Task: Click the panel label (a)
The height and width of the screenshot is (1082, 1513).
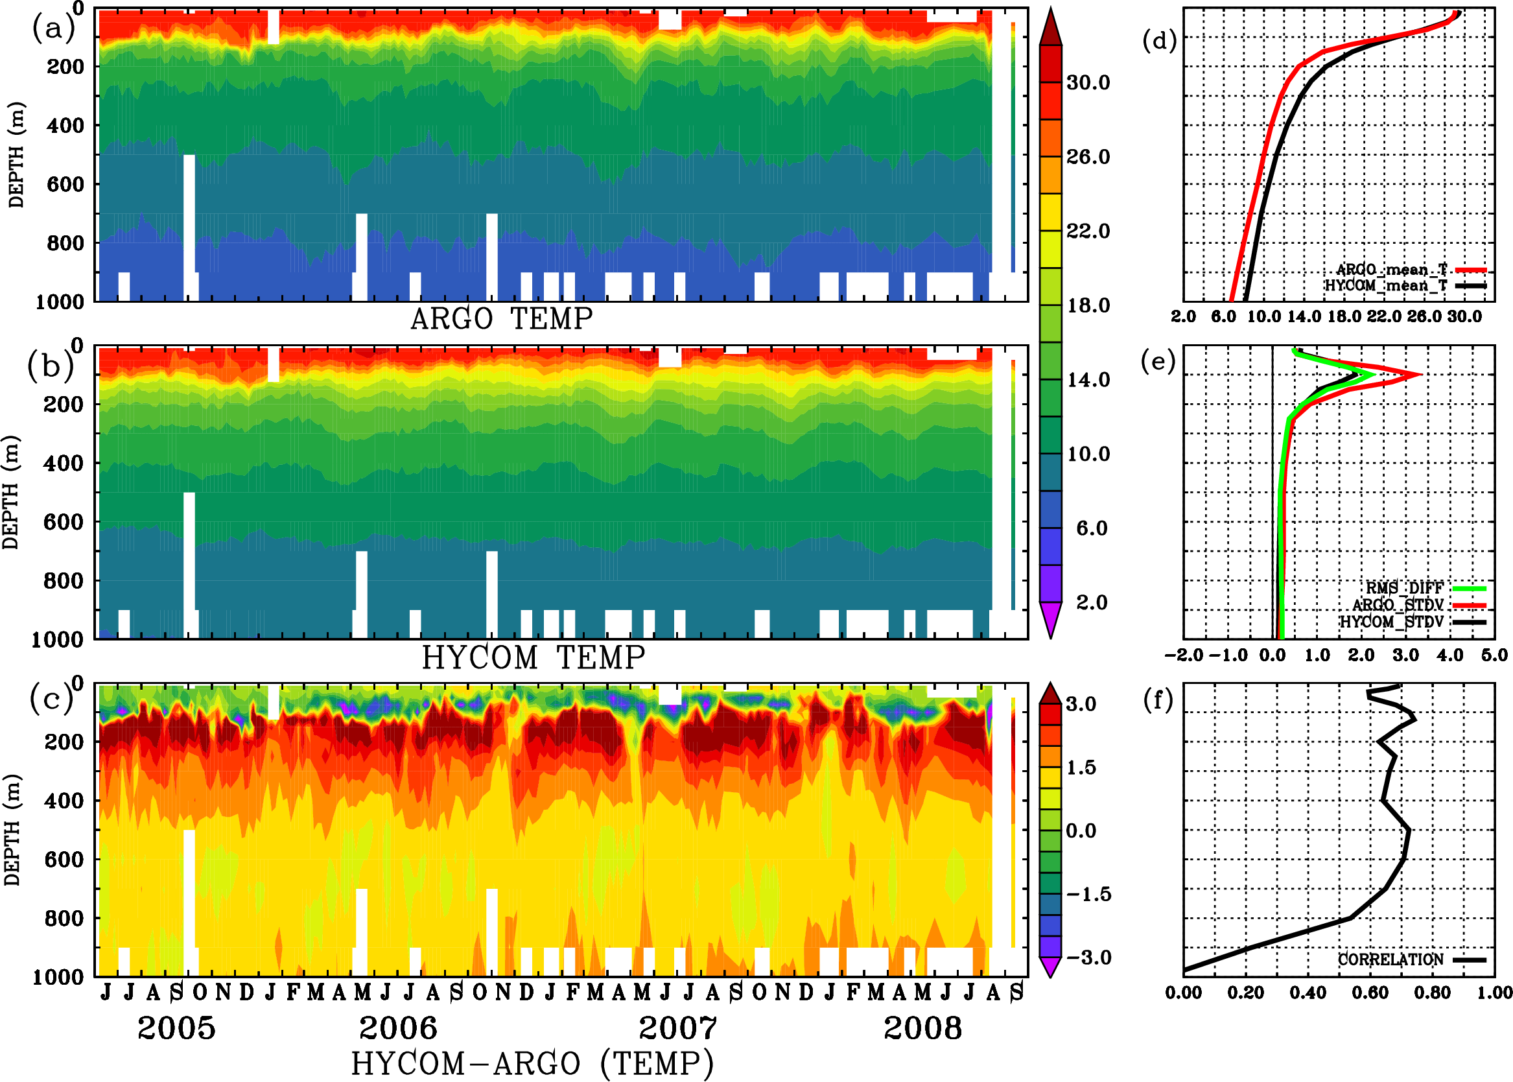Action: point(53,29)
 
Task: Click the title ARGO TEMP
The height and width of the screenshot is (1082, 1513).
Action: point(501,319)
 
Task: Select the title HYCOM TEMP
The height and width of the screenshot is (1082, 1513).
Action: point(534,657)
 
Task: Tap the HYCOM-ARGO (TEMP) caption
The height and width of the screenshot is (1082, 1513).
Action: point(532,1063)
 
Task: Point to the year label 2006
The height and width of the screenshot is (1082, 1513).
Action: point(398,1028)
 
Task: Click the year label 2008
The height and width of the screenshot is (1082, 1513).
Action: point(922,1028)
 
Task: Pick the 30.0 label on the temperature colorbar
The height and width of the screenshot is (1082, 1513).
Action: point(1088,82)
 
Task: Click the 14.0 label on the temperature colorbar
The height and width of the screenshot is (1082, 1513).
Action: point(1088,380)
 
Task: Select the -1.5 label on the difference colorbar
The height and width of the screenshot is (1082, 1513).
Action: point(1088,894)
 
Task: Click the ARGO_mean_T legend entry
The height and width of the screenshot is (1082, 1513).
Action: point(1392,270)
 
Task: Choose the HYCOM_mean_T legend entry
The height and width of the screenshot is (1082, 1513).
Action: point(1386,286)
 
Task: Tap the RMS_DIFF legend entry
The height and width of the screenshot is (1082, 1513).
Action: point(1404,588)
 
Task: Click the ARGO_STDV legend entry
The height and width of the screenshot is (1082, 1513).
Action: point(1398,605)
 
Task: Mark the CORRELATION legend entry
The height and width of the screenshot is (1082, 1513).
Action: point(1390,959)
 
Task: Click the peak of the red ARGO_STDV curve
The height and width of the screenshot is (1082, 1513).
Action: point(1420,375)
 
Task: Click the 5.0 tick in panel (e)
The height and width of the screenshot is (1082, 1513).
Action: point(1494,655)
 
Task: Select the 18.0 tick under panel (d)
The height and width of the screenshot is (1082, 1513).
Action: point(1344,317)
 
